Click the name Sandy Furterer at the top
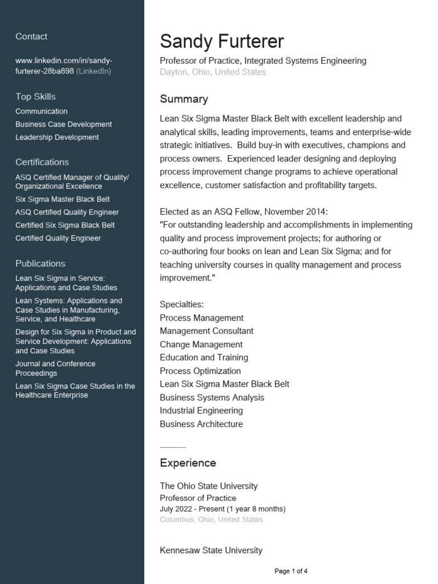tap(221, 42)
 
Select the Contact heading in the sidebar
tap(31, 36)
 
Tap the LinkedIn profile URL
tap(63, 66)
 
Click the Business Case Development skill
tap(63, 124)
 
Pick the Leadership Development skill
tap(57, 137)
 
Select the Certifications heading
tap(42, 162)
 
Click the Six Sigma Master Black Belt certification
tap(63, 200)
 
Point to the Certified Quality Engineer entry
tap(58, 238)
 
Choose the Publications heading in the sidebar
tap(40, 263)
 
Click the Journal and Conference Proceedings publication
tap(55, 368)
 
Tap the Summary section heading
tap(184, 99)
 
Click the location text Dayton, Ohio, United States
tap(213, 72)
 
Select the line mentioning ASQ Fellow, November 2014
tap(244, 212)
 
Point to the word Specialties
tap(181, 305)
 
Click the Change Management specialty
tap(201, 344)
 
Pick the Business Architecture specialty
tap(201, 424)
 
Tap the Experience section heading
tap(188, 463)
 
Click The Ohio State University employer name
tap(208, 486)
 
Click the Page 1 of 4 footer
tap(291, 571)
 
